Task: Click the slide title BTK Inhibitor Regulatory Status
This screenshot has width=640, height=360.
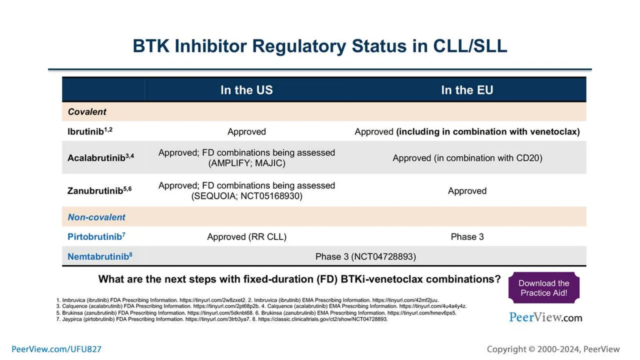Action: click(320, 46)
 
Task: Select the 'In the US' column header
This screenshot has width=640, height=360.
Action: click(247, 90)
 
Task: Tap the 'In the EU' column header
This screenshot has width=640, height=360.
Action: click(467, 90)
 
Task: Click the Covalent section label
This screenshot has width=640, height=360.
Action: click(87, 112)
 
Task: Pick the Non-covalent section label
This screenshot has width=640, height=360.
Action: click(96, 217)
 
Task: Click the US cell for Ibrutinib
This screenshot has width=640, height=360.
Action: click(247, 132)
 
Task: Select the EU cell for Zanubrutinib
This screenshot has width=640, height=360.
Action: click(467, 191)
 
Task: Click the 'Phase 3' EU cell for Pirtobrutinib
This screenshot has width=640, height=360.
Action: click(467, 237)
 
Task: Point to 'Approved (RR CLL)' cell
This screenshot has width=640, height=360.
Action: click(247, 237)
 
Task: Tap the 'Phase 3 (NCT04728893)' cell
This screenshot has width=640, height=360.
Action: click(366, 257)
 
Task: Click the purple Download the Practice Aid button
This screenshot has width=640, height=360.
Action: click(544, 288)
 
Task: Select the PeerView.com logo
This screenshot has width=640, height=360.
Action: click(546, 317)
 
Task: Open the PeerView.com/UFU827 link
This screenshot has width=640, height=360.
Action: click(57, 349)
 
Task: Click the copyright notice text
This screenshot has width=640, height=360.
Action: click(553, 349)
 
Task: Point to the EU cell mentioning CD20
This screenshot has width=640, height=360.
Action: click(467, 158)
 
